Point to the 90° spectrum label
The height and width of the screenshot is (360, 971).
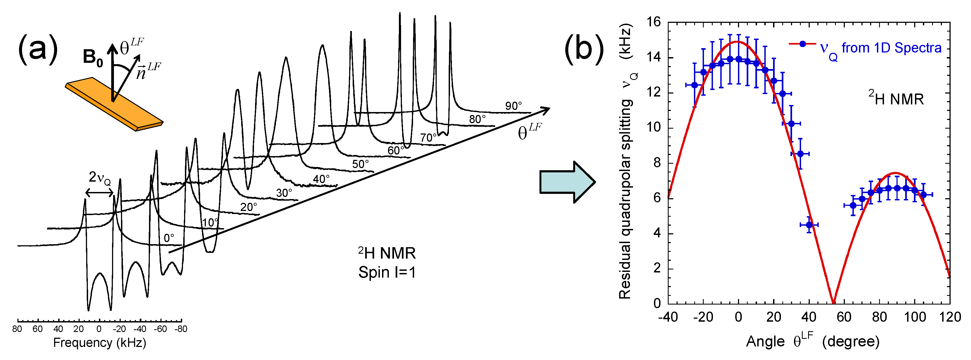(x=513, y=106)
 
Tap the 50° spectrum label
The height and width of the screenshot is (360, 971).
(x=360, y=164)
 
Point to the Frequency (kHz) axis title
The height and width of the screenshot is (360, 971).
(x=100, y=342)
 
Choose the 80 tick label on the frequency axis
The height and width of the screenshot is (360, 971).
(x=17, y=329)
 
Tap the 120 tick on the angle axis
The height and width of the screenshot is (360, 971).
(x=950, y=317)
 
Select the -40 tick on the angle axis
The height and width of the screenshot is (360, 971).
(x=668, y=317)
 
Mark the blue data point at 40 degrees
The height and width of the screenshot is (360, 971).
(x=809, y=225)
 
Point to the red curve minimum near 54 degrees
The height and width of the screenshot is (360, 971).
(x=833, y=302)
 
